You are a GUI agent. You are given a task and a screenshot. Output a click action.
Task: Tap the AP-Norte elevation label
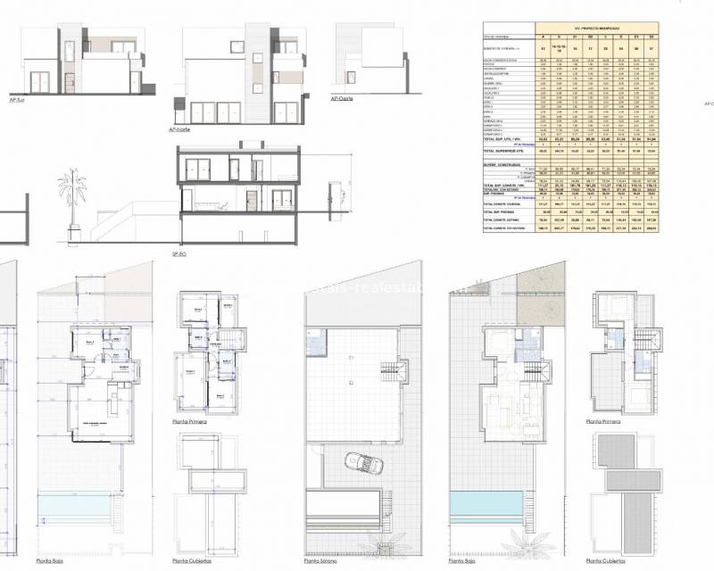[x=180, y=130]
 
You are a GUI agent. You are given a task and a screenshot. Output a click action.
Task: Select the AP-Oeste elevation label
[x=342, y=100]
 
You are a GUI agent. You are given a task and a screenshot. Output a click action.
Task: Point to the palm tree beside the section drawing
[x=69, y=192]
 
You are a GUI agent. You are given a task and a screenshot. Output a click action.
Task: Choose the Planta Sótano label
[x=321, y=561]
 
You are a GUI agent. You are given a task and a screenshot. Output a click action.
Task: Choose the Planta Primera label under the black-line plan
[x=195, y=419]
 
